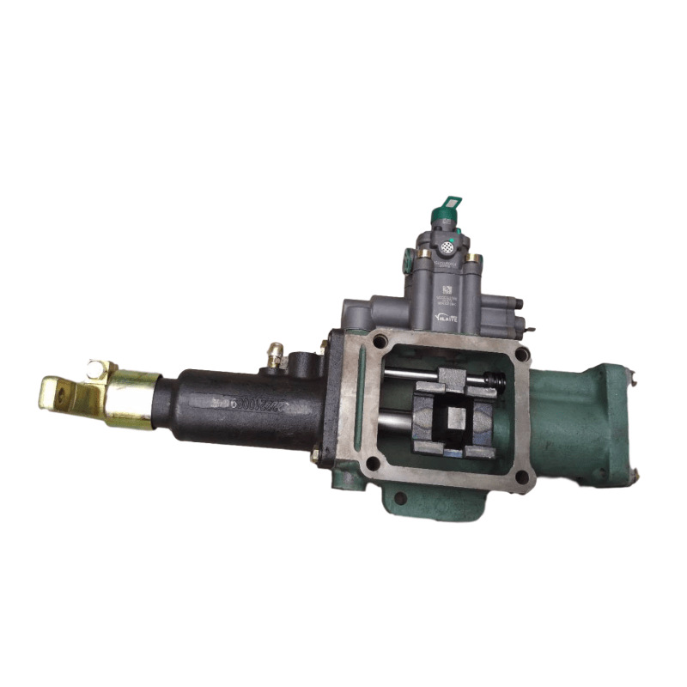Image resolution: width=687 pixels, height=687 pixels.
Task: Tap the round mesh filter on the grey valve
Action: pyautogui.click(x=446, y=246)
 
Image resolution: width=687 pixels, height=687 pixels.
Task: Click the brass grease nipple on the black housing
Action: pyautogui.click(x=276, y=355)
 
